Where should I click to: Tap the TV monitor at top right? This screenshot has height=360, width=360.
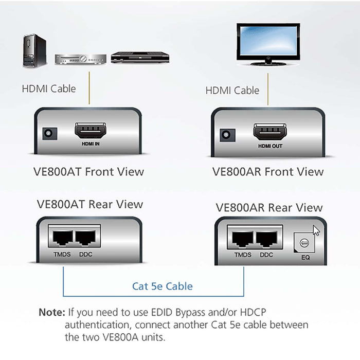[x=268, y=43]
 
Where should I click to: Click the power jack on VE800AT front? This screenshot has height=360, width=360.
[x=49, y=133]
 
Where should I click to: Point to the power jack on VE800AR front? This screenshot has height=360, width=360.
[x=226, y=135]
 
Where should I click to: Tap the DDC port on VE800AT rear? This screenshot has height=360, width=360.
[x=86, y=237]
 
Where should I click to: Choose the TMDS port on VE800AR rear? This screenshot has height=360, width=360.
[x=242, y=239]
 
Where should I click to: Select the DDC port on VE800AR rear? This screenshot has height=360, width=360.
[x=267, y=239]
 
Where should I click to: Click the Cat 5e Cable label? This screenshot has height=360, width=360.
[x=163, y=286]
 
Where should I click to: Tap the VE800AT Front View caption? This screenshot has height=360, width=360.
[x=89, y=172]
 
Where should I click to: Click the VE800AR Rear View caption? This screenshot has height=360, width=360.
[x=269, y=208]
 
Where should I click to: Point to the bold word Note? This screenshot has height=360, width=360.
[x=52, y=312]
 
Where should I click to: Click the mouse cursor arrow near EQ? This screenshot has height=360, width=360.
[x=316, y=230]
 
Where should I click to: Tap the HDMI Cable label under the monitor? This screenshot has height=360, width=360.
[x=232, y=91]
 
